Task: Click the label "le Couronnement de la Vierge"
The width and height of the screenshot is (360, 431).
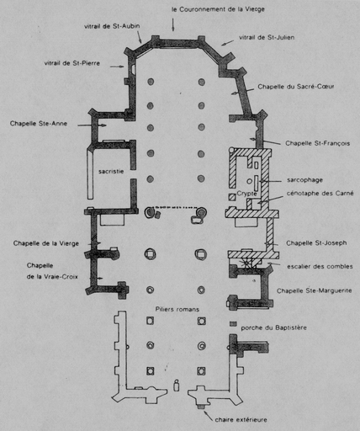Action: [x=218, y=9]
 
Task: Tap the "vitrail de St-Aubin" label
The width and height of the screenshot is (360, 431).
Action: [x=112, y=26]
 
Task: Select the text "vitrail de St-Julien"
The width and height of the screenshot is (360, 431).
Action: [x=267, y=37]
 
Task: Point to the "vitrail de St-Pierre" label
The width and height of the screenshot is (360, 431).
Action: [x=72, y=63]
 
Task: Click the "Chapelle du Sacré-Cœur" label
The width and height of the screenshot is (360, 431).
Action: [x=296, y=87]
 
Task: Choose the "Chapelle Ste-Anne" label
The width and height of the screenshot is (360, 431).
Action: [x=39, y=124]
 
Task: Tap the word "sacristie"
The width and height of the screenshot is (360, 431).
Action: [x=111, y=171]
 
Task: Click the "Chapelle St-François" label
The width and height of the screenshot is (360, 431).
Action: [x=318, y=143]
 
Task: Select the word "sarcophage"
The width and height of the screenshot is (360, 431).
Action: [x=304, y=180]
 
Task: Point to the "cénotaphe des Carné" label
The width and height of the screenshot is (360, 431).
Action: [x=320, y=194]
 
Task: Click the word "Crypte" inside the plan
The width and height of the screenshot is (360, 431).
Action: [x=246, y=194]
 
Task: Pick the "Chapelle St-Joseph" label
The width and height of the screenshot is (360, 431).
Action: [x=316, y=243]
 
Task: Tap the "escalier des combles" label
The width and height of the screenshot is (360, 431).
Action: [x=320, y=266]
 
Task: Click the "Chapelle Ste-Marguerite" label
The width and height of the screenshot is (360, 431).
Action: [x=315, y=290]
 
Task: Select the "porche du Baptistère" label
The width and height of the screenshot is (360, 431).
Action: [x=274, y=327]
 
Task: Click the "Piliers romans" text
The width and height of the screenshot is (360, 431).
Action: [x=177, y=309]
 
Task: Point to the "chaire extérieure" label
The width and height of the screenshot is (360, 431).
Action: [x=241, y=420]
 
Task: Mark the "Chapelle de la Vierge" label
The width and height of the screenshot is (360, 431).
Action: [x=46, y=243]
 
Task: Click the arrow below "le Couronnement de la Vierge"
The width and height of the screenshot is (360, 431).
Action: [x=173, y=24]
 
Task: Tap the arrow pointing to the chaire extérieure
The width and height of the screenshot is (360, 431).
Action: [x=209, y=416]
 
